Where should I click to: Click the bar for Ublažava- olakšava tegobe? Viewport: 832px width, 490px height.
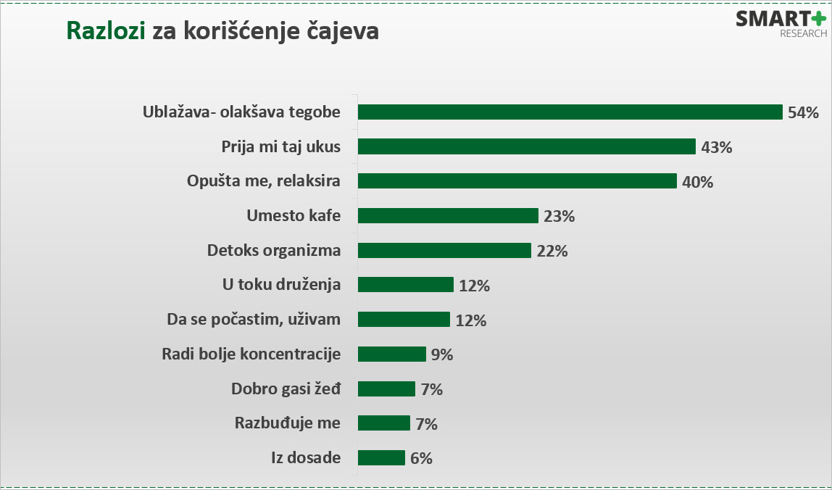tap(570, 112)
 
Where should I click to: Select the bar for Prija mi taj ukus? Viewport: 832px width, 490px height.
tap(527, 146)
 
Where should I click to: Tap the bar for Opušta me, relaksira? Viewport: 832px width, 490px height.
tap(517, 181)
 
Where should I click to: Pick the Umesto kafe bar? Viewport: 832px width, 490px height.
tap(448, 216)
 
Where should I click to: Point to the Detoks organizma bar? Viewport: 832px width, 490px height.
tap(445, 251)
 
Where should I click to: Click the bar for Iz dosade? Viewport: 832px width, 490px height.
tap(381, 458)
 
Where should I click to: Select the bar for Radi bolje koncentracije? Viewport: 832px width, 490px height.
tap(392, 354)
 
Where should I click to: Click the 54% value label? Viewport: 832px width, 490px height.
tap(803, 112)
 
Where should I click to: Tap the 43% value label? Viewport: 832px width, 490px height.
tap(717, 147)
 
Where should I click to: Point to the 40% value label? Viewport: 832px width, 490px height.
tap(697, 182)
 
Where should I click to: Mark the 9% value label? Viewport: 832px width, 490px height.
tap(441, 354)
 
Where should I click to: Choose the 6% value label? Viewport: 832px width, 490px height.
tap(421, 458)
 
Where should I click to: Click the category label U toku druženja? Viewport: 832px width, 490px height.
tap(281, 285)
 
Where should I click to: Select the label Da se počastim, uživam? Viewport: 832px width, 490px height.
tap(253, 320)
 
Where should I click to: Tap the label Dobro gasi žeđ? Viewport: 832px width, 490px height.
tap(286, 389)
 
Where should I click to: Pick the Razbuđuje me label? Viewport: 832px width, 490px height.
tap(288, 423)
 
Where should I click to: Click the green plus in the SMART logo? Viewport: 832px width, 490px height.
tap(817, 19)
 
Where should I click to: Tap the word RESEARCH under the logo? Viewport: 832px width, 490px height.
tap(803, 34)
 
